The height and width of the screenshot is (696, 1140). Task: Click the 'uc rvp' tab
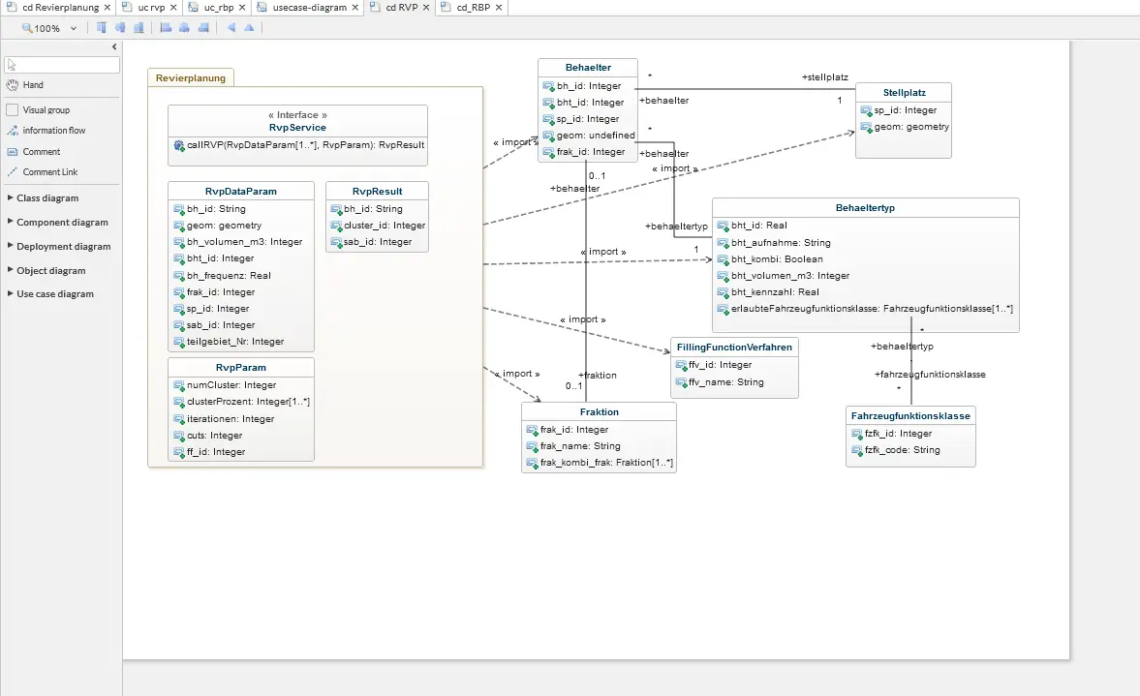(151, 8)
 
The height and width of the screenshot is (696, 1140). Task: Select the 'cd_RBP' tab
(474, 8)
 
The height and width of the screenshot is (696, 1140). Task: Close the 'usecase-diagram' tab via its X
(354, 8)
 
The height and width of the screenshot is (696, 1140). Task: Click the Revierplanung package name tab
(191, 77)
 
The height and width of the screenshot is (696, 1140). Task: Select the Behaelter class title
(588, 68)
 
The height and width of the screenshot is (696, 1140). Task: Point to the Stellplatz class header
(905, 93)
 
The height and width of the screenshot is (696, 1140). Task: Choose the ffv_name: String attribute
(720, 382)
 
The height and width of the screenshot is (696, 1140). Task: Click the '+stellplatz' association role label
(825, 77)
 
